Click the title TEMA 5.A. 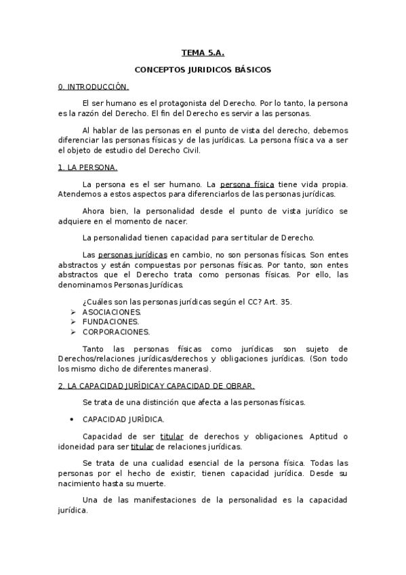203,52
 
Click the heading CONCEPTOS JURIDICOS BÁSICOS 203,70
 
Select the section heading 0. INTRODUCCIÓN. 94,87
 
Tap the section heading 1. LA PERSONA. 88,167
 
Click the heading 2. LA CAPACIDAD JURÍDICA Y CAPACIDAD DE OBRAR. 157,386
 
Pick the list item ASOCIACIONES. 112,311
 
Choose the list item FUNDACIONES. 110,321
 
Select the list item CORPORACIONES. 116,332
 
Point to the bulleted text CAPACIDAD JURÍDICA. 123,420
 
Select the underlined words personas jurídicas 137,253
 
